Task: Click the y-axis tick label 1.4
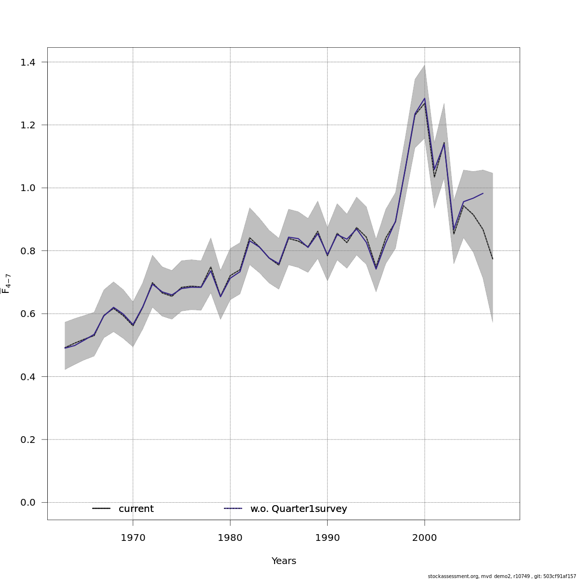coord(28,62)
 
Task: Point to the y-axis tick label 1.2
coord(28,125)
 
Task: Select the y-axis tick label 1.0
coord(28,188)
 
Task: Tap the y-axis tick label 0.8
coord(28,251)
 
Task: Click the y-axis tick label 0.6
coord(28,314)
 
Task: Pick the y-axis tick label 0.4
coord(28,377)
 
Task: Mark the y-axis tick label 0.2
coord(28,440)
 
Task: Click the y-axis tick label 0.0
coord(28,503)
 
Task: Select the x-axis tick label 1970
coord(133,538)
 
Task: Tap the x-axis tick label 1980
coord(230,538)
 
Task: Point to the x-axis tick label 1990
coord(327,538)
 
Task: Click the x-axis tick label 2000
coord(425,538)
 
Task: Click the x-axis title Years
coord(284,561)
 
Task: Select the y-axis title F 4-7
coord(6,284)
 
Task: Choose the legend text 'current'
coord(136,509)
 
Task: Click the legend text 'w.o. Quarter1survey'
coord(299,509)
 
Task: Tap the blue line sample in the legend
coord(233,509)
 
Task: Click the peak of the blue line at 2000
coord(425,98)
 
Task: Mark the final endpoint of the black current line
coord(493,260)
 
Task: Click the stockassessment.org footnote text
coord(502,576)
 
